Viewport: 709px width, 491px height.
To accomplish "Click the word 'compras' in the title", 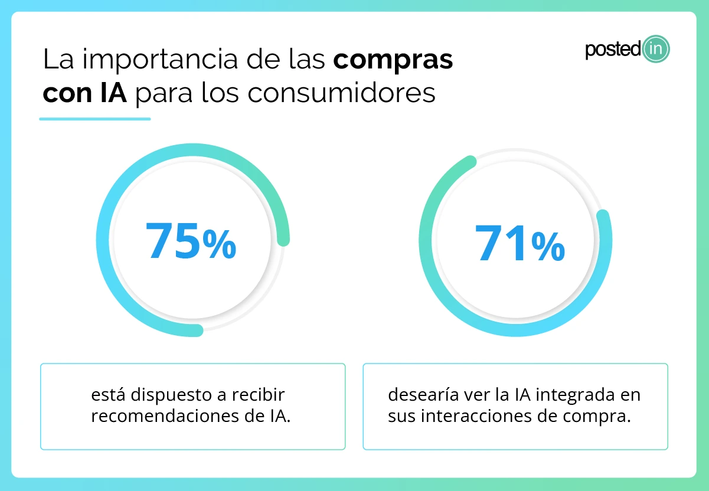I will coord(393,60).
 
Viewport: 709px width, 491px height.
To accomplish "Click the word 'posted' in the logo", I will coord(612,50).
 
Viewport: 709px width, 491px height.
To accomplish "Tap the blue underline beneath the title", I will coord(94,119).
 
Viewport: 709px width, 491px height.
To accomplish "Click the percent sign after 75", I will coord(219,245).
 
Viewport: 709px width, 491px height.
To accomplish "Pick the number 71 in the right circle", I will coord(501,243).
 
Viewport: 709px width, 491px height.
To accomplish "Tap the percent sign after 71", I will coord(547,247).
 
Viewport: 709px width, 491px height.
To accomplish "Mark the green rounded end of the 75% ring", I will coord(283,238).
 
